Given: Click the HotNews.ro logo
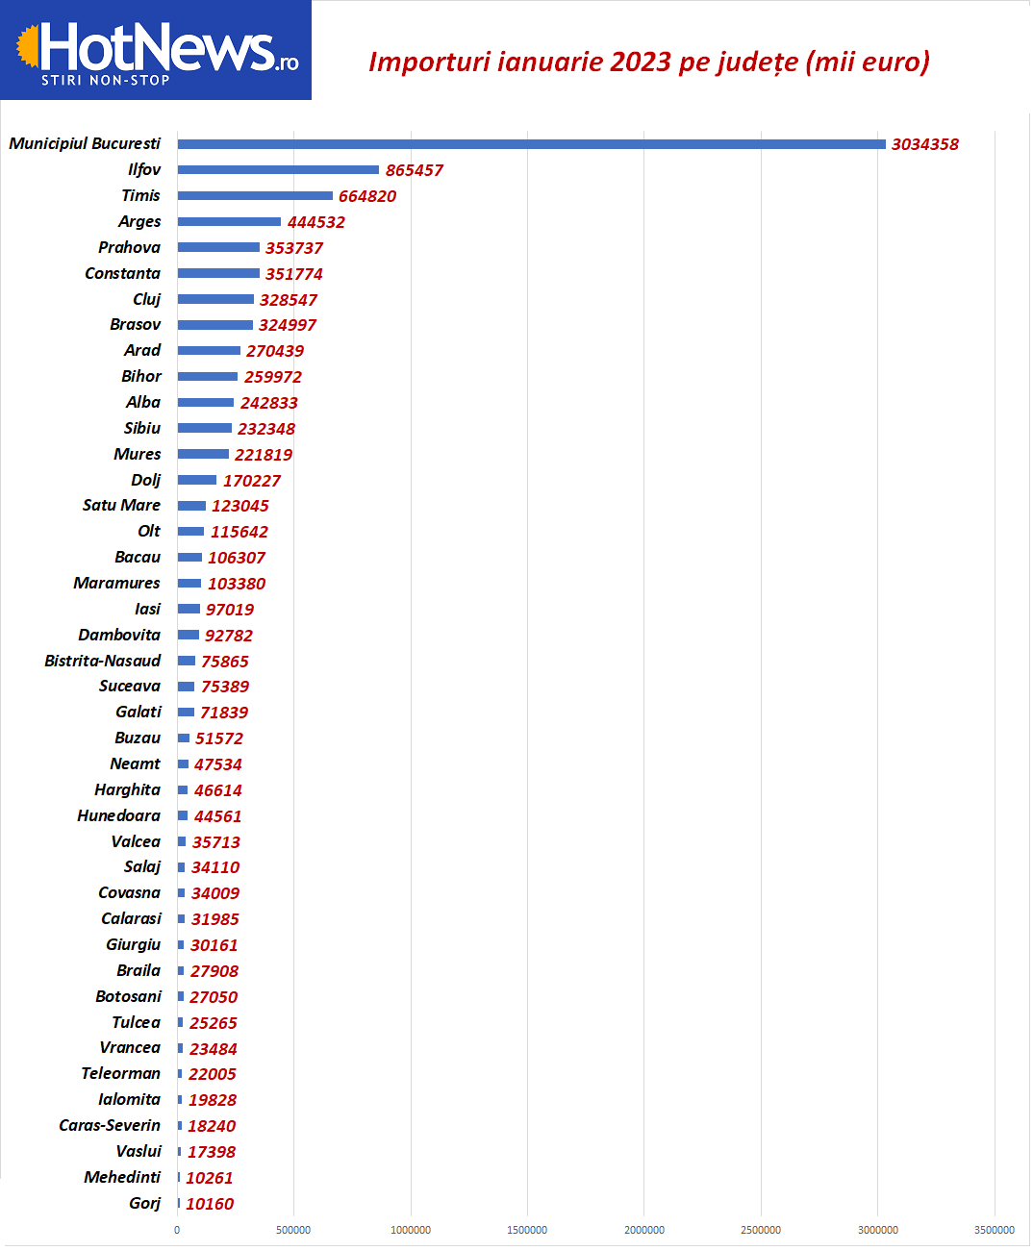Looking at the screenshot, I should point(156,50).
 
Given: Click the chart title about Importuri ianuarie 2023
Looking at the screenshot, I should point(649,62).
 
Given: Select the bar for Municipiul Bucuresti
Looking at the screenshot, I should point(531,144).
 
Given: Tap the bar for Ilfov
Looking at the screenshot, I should point(278,170).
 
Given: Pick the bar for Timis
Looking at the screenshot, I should point(255,196).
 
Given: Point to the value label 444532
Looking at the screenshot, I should point(315,222).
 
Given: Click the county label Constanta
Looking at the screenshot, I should point(122,273).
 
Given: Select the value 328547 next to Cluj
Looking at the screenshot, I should point(288,300).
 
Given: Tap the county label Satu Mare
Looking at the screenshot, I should point(121,505).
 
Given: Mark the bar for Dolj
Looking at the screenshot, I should point(197,480).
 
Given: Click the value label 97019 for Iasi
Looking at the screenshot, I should point(230,610).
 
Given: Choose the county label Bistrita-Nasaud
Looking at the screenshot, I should point(102,661).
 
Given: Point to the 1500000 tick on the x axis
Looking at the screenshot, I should point(527,1230).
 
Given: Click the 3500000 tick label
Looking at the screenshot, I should point(994,1230).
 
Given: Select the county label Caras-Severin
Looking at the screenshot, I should point(110,1125).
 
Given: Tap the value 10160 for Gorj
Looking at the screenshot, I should point(210,1204).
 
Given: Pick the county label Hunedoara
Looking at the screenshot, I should point(118,815).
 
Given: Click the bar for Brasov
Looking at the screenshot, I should point(215,325).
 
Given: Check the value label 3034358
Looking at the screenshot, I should point(924,144).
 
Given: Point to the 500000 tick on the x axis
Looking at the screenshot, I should point(293,1230).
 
